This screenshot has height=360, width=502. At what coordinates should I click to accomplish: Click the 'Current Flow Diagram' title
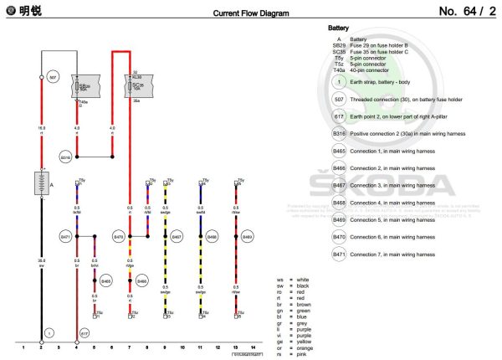click(250, 13)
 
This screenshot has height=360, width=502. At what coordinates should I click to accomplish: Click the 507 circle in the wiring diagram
click(53, 77)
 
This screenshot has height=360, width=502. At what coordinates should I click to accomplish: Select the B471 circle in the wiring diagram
click(65, 238)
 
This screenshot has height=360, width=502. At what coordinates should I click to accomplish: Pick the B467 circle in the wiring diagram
click(177, 238)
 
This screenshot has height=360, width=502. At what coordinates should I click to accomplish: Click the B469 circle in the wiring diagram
click(247, 238)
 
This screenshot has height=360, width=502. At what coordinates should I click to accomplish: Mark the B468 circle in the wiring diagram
click(212, 238)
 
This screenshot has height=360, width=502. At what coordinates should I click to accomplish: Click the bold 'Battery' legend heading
click(339, 28)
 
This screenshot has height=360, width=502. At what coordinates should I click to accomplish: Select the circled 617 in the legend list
click(339, 117)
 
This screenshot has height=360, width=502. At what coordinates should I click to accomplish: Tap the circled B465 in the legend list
click(339, 152)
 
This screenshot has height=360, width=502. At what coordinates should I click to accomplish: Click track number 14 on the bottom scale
click(252, 345)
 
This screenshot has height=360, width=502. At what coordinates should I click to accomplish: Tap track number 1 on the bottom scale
click(23, 345)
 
